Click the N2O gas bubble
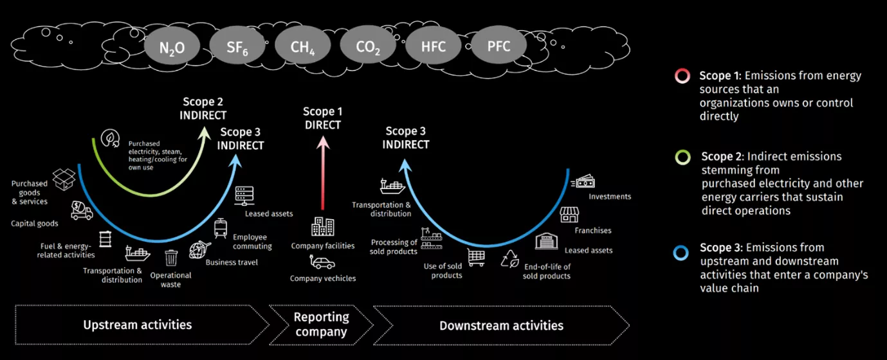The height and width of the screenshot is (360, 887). tap(172, 48)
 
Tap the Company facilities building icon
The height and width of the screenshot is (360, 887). tap(323, 227)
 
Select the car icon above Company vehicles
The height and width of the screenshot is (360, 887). tap(323, 262)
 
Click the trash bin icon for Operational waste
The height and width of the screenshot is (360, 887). tap(171, 258)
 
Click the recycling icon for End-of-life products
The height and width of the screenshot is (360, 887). tap(510, 258)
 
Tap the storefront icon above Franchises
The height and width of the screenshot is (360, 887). tap(569, 215)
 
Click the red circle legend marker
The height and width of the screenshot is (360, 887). tap(682, 76)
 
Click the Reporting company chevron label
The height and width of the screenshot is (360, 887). tap(321, 325)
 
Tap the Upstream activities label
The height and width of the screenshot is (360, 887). tap(138, 325)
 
